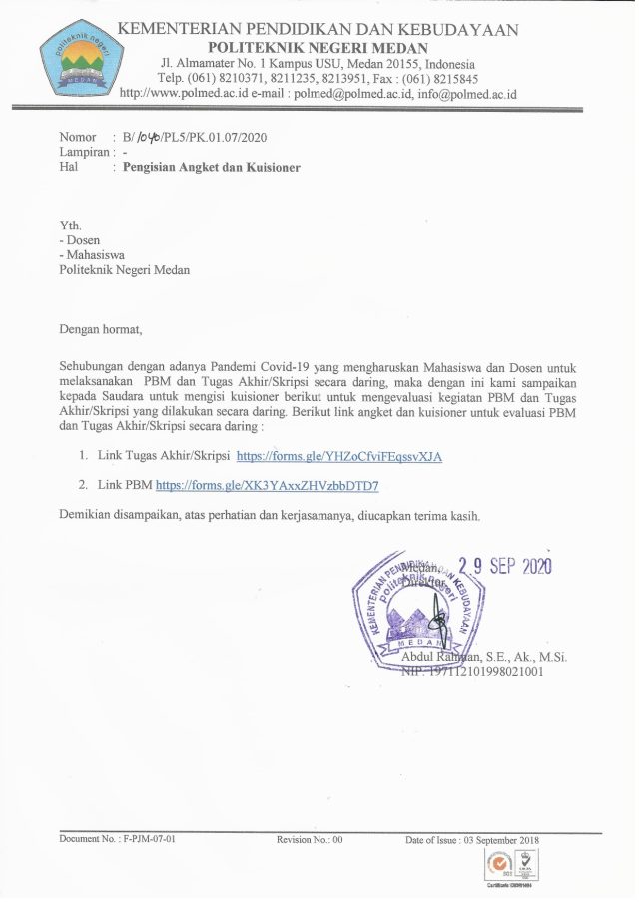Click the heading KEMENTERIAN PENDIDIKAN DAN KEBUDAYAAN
pos(318,30)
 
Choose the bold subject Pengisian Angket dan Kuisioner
pos(211,168)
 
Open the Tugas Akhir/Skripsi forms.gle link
pos(338,456)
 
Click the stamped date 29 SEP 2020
pos(505,566)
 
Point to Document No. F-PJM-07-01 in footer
pos(117,840)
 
